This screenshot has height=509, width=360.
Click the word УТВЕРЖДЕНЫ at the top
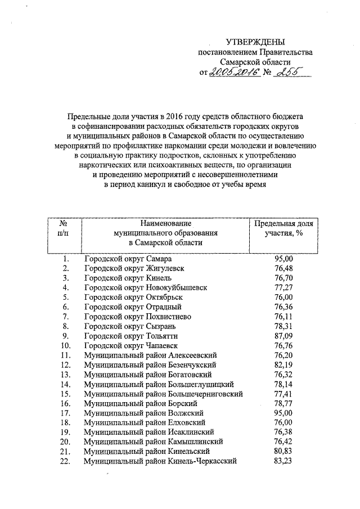coord(255,42)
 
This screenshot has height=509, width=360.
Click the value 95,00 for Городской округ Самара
coord(284,258)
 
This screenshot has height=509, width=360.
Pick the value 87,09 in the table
coord(284,335)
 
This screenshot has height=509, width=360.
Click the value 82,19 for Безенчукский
coord(284,364)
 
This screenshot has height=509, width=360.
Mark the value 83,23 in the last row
coord(284,461)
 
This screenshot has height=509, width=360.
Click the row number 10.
coord(65,345)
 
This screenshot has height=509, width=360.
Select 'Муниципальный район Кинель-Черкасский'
coord(160,461)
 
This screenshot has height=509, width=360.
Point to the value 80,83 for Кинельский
coord(284,451)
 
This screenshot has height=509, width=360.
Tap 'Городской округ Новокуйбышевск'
coord(145,287)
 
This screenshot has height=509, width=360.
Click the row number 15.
coord(65,393)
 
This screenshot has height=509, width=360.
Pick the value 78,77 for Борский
coord(284,403)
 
